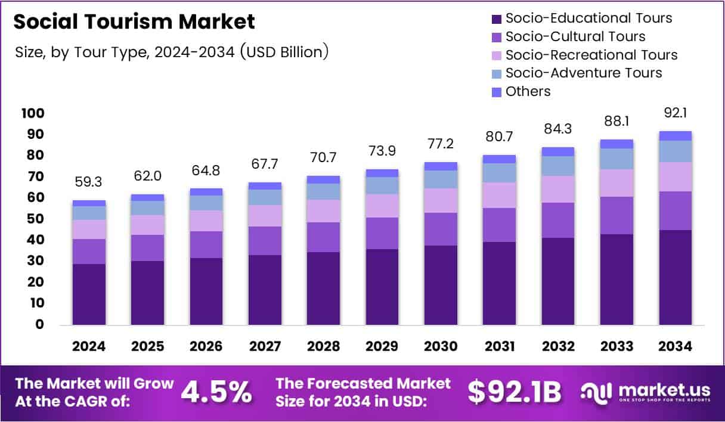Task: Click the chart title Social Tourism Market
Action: [134, 22]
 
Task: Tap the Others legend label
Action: [528, 91]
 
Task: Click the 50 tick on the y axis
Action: [35, 219]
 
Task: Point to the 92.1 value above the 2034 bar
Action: [676, 113]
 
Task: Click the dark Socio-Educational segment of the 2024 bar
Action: [89, 294]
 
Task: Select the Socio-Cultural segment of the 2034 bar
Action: [676, 210]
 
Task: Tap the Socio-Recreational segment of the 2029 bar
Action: [382, 206]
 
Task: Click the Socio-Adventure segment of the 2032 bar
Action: [558, 166]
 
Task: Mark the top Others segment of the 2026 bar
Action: [206, 192]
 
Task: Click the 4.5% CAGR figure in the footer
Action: [216, 392]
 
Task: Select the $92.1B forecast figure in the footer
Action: [514, 392]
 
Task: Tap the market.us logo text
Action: [663, 390]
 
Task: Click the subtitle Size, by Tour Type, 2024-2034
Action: [172, 52]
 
